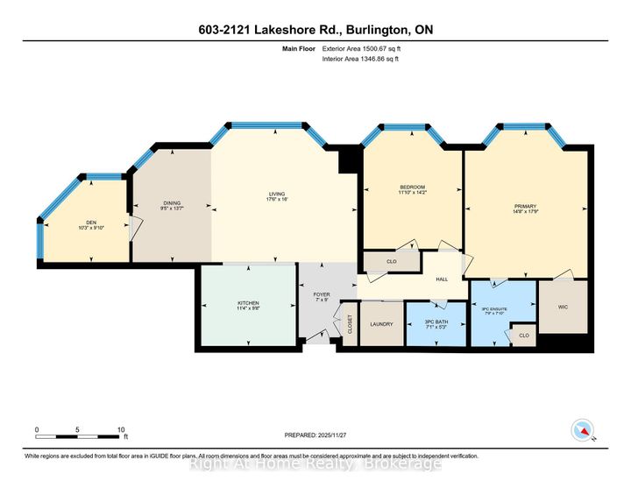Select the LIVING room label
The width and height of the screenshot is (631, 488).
(277, 194)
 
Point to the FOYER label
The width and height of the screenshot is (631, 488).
(321, 295)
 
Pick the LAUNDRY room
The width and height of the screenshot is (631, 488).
(381, 324)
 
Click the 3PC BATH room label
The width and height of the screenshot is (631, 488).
(436, 324)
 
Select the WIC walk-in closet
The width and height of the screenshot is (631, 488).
(562, 308)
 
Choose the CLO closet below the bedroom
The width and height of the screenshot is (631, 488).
(392, 261)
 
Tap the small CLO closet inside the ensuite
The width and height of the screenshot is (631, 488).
(523, 336)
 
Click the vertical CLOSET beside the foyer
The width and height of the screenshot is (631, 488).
(349, 323)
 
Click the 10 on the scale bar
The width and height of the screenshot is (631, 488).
(120, 430)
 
